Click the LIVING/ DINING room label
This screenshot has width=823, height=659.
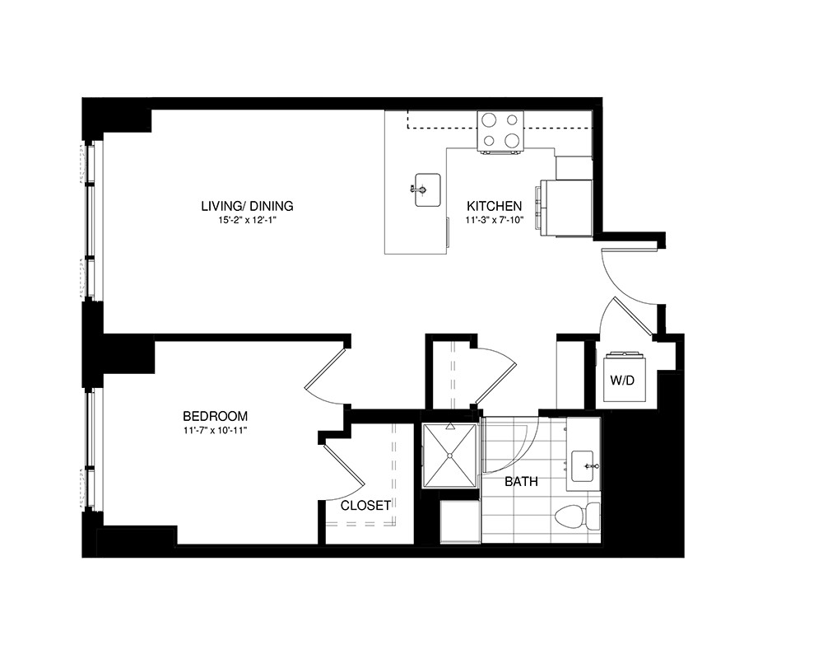click(x=247, y=205)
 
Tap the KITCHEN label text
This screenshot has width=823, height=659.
click(x=494, y=205)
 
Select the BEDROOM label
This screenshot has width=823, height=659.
click(x=215, y=416)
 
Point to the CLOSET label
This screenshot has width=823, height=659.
click(x=365, y=505)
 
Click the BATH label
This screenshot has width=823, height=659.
click(x=521, y=481)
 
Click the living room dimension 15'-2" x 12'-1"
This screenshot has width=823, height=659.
click(x=247, y=220)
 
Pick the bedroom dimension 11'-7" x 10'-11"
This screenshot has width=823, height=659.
click(x=215, y=430)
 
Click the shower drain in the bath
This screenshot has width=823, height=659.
click(x=450, y=456)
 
